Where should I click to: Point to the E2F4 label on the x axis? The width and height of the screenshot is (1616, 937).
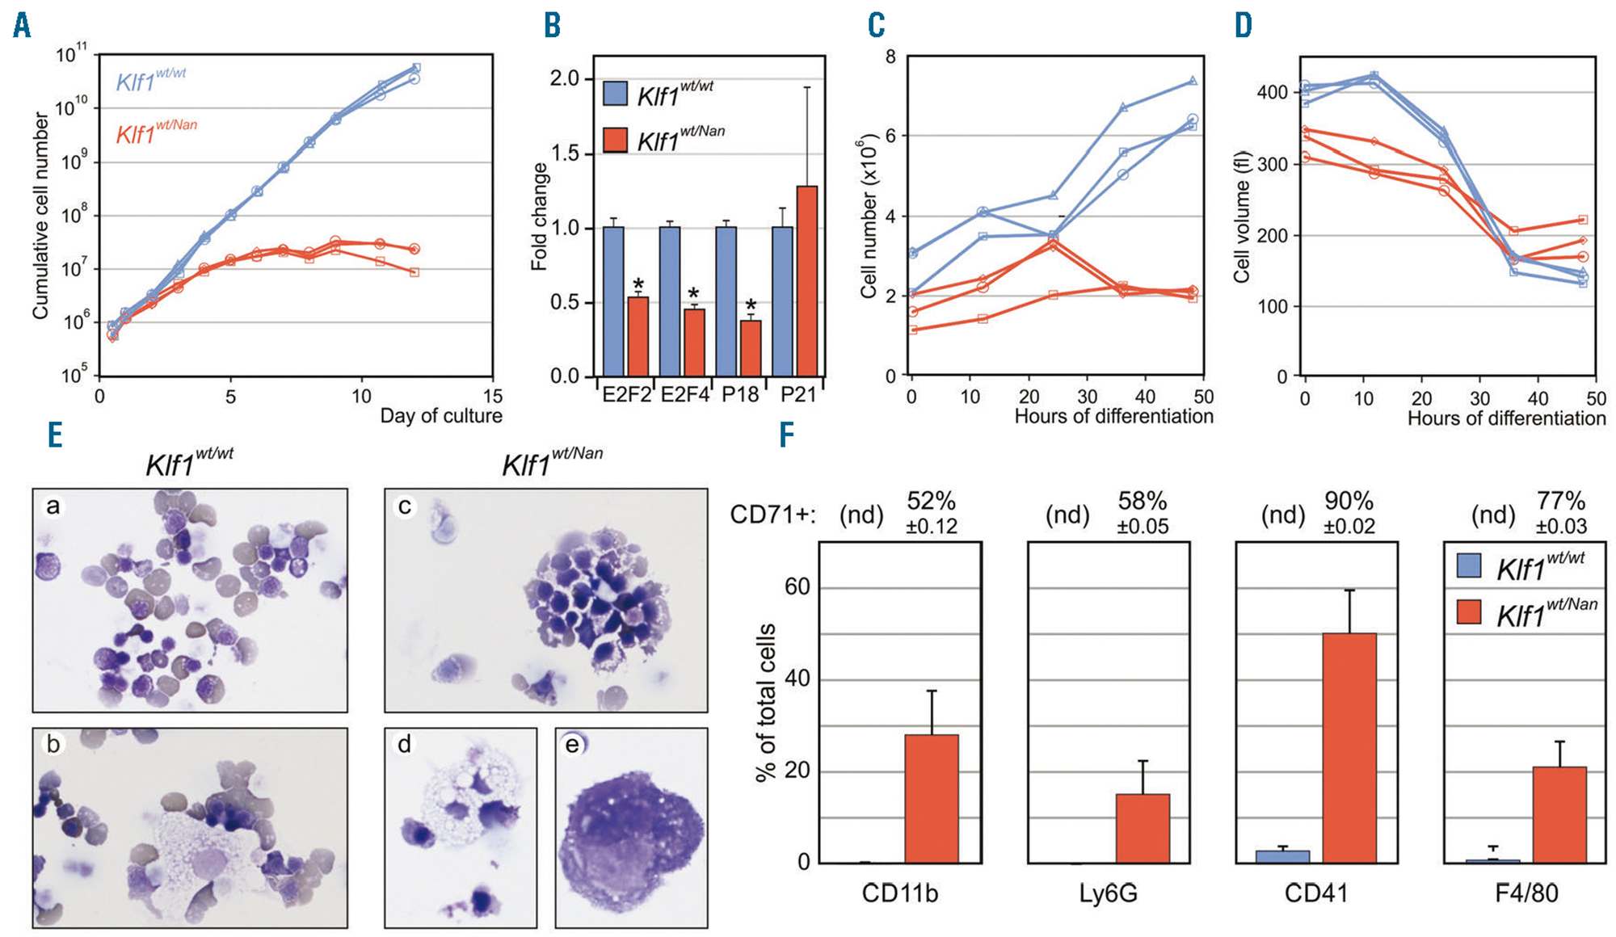(x=684, y=395)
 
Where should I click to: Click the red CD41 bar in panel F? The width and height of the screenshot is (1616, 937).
(x=1349, y=747)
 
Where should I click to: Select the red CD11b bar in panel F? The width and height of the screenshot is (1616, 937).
(x=932, y=798)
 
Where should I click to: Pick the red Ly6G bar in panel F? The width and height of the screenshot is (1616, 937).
(x=1143, y=828)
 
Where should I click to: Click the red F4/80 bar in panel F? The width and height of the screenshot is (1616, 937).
(x=1559, y=814)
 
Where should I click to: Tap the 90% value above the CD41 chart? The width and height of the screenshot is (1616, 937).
(x=1349, y=502)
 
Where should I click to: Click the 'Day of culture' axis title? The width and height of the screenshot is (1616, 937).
(x=441, y=416)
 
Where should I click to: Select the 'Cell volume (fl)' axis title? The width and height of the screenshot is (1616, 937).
(x=1242, y=216)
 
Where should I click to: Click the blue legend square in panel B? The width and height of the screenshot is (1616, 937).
(x=616, y=94)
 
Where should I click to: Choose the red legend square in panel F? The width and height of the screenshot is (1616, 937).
(x=1468, y=611)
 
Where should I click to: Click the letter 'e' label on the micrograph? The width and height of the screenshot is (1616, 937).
(x=573, y=745)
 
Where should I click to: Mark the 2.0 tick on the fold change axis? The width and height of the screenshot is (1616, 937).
(x=565, y=79)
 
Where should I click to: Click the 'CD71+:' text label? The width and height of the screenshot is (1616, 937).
(x=772, y=515)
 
